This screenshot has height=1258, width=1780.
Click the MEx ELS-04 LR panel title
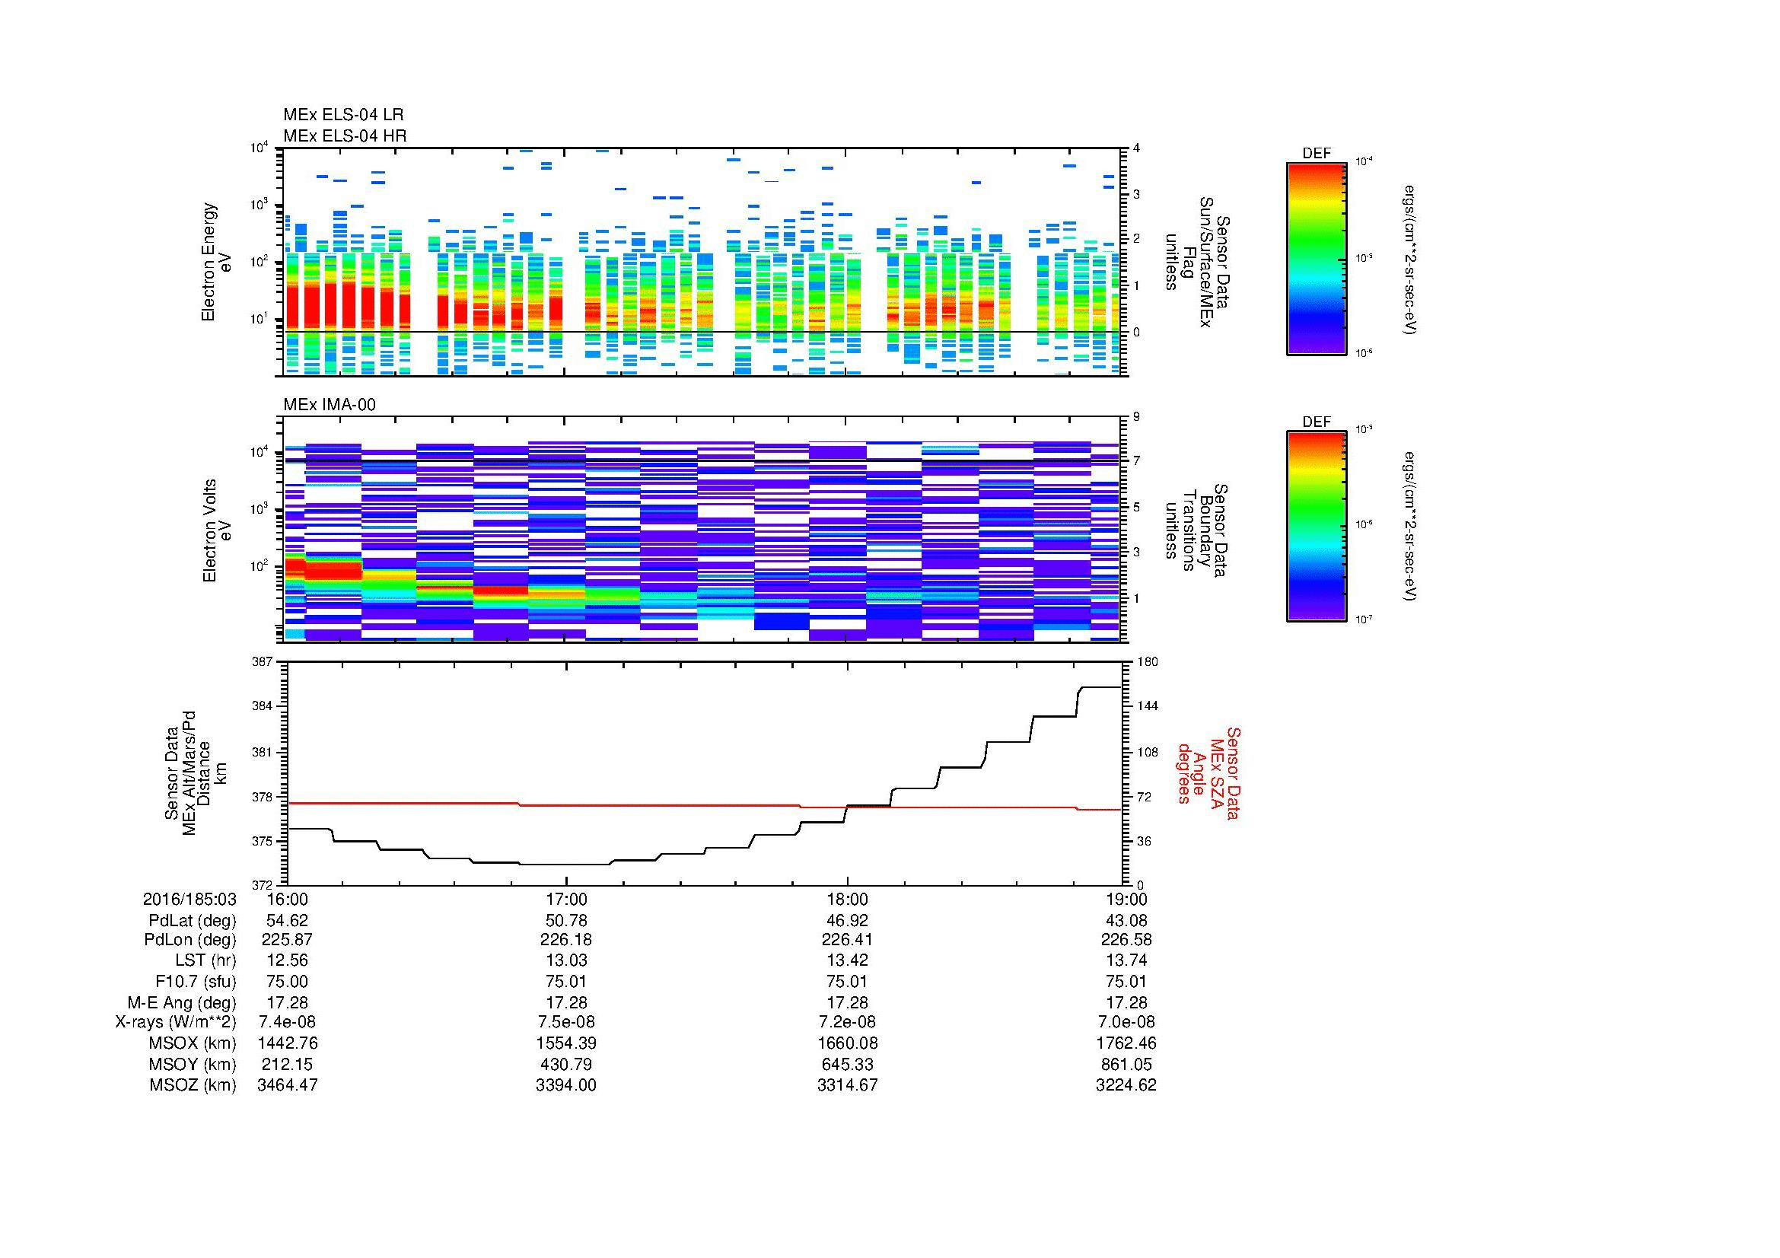342,115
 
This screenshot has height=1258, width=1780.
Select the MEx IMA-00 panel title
329,405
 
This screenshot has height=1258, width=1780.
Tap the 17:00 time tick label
567,899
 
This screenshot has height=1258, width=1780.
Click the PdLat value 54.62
287,920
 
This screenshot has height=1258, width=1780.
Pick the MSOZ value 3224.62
1126,1085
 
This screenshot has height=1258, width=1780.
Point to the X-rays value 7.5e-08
567,1022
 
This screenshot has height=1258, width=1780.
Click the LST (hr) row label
202,961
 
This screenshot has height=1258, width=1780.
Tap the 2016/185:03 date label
189,899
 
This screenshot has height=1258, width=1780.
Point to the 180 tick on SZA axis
1147,661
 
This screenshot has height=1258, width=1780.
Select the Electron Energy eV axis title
217,262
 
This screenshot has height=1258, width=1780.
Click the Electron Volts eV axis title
218,531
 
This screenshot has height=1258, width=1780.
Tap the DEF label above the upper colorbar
1316,154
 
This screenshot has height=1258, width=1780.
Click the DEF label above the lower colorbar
1316,422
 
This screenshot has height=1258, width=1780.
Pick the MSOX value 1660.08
847,1043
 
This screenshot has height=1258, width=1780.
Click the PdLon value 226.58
1126,939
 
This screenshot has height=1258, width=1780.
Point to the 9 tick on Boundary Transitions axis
1136,417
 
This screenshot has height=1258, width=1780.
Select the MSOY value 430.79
567,1064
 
